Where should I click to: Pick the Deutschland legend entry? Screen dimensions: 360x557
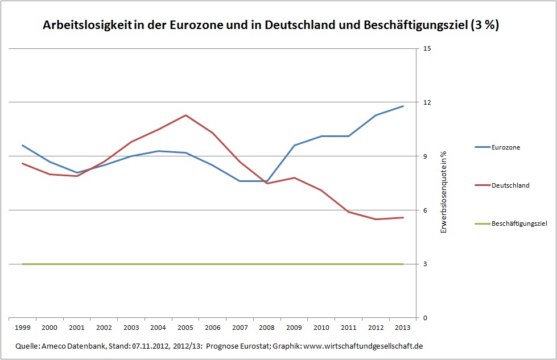510,185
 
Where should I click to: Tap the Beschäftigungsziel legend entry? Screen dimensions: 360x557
519,224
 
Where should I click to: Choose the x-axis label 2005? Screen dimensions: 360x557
185,328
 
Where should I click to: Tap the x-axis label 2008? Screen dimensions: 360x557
267,328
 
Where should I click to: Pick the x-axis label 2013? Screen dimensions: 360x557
403,328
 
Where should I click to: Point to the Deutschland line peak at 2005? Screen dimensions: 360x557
185,115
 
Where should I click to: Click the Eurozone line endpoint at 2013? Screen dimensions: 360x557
403,106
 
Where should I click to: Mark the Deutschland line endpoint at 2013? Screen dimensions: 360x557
403,217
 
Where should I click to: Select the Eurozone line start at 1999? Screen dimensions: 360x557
22,146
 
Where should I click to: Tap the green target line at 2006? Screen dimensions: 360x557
213,264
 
